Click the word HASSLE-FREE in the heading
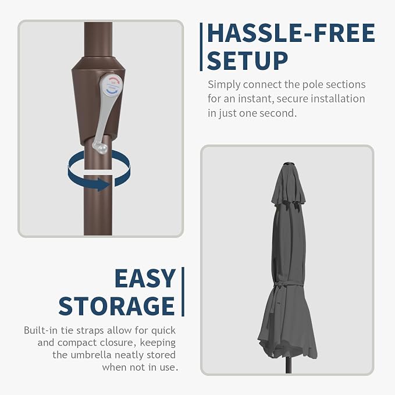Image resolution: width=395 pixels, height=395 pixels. [291, 33]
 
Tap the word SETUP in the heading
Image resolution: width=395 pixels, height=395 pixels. [247, 61]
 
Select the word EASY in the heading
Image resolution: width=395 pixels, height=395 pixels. [145, 278]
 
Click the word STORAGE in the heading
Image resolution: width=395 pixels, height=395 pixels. [116, 306]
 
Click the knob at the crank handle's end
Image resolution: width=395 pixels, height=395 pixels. [100, 147]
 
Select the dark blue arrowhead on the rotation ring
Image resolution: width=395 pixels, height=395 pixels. [103, 184]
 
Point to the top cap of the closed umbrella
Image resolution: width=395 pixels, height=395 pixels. [289, 164]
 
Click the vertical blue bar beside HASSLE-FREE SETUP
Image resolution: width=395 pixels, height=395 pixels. [201, 47]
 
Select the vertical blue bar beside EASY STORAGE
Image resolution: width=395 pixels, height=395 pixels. [183, 291]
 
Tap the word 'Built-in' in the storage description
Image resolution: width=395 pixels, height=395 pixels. [41, 330]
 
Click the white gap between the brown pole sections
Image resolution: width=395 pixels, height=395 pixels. [98, 172]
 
